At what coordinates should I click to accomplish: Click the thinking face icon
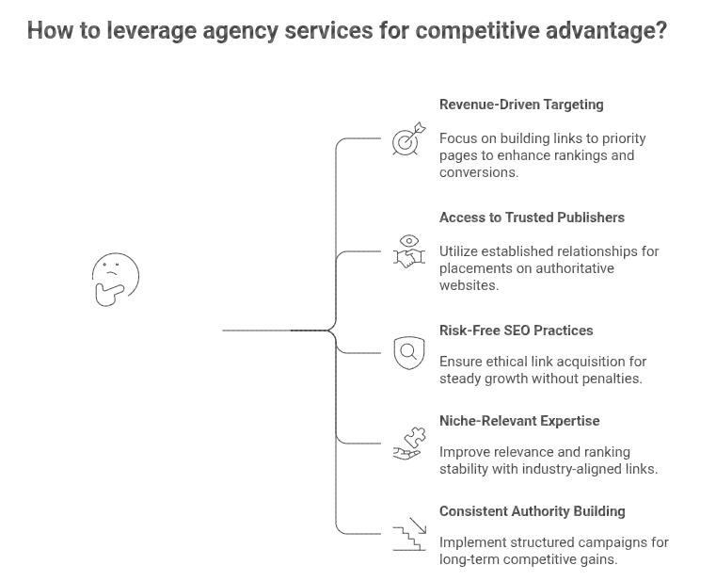[115, 280]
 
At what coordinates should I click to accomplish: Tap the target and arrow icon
[408, 139]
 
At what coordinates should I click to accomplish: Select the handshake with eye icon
[408, 251]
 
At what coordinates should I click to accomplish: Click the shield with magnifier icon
[408, 353]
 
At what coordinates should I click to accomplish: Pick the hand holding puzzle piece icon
[408, 444]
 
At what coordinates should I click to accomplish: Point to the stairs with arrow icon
[408, 534]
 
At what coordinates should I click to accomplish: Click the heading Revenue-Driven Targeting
[521, 105]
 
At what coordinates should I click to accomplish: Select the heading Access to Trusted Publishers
[532, 218]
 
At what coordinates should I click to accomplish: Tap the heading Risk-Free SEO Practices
[516, 331]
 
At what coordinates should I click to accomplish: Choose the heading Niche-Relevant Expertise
[519, 421]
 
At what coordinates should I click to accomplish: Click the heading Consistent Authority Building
[532, 511]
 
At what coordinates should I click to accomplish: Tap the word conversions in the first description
[478, 172]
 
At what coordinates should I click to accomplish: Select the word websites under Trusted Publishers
[469, 285]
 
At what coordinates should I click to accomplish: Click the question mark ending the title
[661, 30]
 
